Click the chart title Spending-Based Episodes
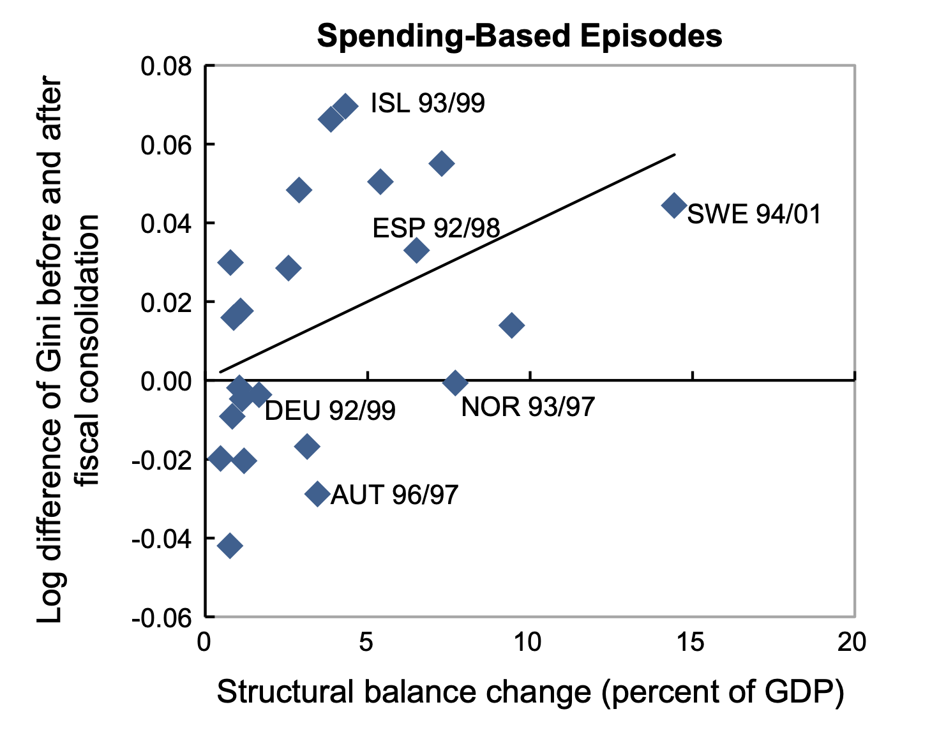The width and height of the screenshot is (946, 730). pyautogui.click(x=520, y=36)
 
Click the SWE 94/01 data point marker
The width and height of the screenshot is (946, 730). pyautogui.click(x=674, y=205)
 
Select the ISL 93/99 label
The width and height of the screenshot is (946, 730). pyautogui.click(x=428, y=103)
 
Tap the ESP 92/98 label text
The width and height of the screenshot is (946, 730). pyautogui.click(x=436, y=228)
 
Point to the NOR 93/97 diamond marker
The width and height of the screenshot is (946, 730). pyautogui.click(x=455, y=383)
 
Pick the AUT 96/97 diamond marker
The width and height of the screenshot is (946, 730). pyautogui.click(x=317, y=493)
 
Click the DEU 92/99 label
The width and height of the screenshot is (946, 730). pyautogui.click(x=330, y=411)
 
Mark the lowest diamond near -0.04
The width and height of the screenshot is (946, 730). pyautogui.click(x=230, y=546)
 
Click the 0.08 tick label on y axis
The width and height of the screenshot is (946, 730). pyautogui.click(x=166, y=66)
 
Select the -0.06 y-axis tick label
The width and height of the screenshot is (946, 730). pyautogui.click(x=162, y=618)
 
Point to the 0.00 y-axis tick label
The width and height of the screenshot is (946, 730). pyautogui.click(x=166, y=382)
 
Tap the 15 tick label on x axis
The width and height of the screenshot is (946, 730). pyautogui.click(x=691, y=642)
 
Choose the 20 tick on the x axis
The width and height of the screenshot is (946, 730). pyautogui.click(x=853, y=642)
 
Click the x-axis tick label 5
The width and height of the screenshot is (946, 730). pyautogui.click(x=366, y=642)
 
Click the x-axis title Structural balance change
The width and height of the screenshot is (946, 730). pyautogui.click(x=530, y=693)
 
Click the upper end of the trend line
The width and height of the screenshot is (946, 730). pyautogui.click(x=674, y=154)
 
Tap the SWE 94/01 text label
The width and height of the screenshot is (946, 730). pyautogui.click(x=754, y=214)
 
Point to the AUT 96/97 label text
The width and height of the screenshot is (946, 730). pyautogui.click(x=394, y=495)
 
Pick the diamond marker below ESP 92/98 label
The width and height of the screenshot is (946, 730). pyautogui.click(x=416, y=250)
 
